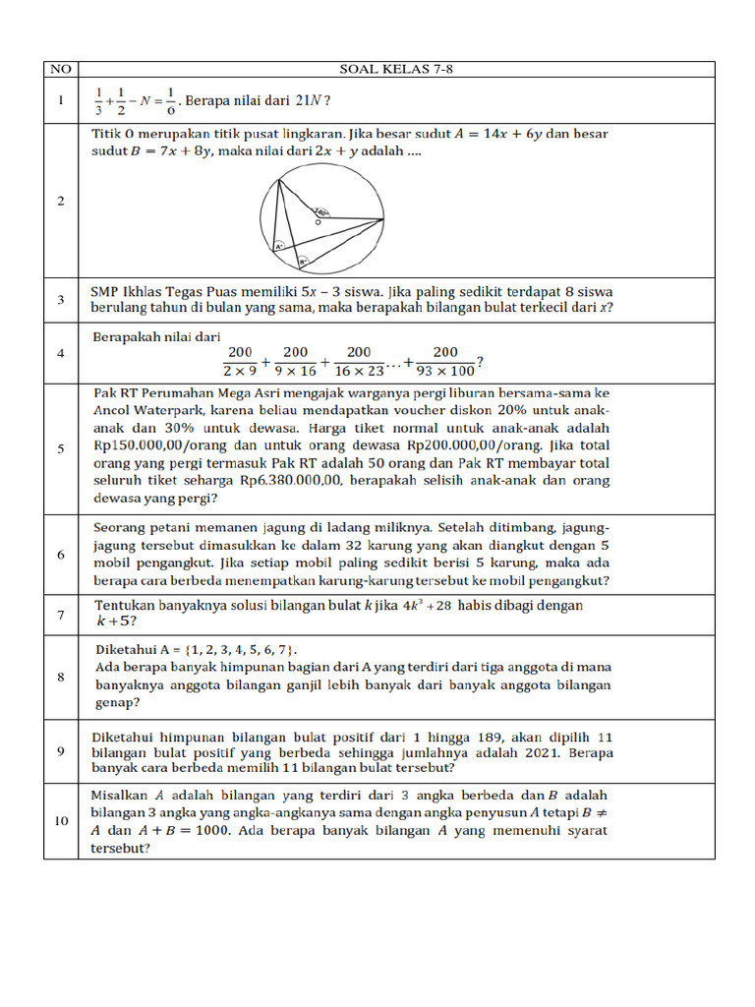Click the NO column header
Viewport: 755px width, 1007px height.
coord(61,70)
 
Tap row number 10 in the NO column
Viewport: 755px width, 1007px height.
coord(61,821)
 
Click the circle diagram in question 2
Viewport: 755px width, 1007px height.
coord(321,218)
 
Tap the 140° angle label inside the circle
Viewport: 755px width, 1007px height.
coord(321,211)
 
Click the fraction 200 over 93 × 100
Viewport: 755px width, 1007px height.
coord(444,361)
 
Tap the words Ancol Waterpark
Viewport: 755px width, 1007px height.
coord(149,410)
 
